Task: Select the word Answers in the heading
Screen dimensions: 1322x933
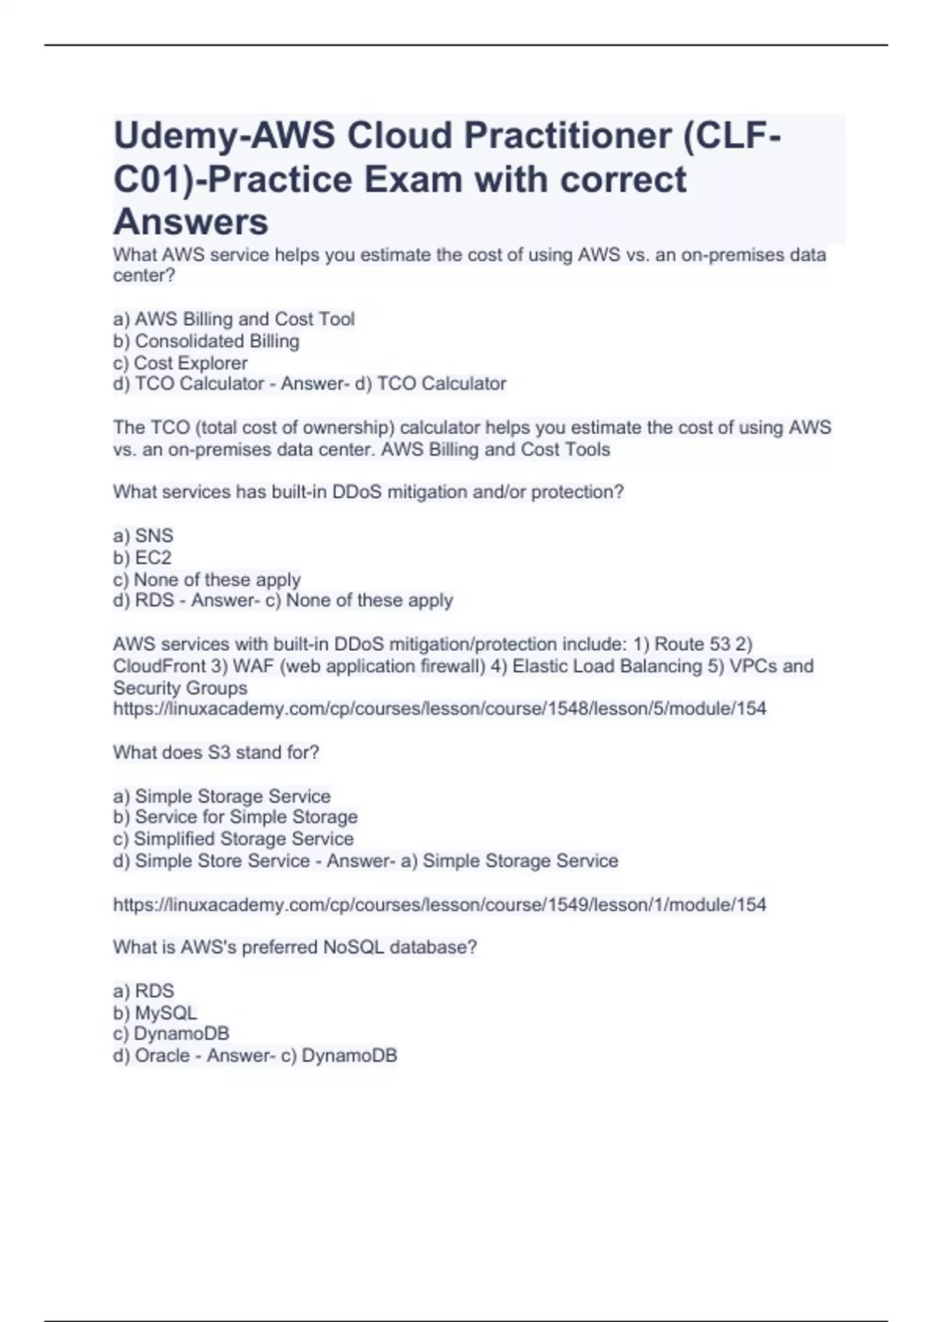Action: point(191,222)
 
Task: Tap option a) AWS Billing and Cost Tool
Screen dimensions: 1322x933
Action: point(234,319)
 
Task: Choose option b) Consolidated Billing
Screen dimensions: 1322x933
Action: point(206,341)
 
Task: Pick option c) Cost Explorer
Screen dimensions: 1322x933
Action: point(180,362)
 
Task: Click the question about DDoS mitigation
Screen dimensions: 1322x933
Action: point(369,491)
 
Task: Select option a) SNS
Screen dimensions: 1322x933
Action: point(143,536)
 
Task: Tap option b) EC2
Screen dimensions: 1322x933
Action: point(142,558)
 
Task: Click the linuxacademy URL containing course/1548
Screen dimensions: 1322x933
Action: point(439,708)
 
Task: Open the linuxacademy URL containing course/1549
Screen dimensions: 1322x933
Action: point(439,904)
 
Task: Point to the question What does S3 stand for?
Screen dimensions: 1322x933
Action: point(216,752)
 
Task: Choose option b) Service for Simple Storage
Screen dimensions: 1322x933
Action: point(236,817)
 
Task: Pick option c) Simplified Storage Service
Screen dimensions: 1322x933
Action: point(233,838)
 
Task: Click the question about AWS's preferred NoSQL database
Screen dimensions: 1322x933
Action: point(295,947)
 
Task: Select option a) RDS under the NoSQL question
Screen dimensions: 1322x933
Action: point(144,991)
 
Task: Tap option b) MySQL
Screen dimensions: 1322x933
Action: point(155,1012)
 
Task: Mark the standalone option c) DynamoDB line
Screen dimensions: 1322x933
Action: point(171,1033)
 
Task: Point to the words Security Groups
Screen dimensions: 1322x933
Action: point(180,687)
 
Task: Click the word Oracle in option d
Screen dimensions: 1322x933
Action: point(162,1055)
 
